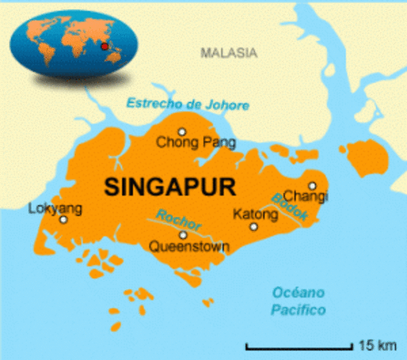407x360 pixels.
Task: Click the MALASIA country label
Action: [229, 53]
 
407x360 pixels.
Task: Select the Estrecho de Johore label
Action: [187, 104]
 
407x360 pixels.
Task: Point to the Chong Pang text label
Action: [196, 142]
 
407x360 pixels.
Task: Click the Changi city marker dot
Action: [313, 185]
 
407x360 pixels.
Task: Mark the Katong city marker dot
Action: [253, 226]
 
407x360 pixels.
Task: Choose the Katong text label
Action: [256, 214]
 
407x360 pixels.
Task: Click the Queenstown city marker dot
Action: [182, 234]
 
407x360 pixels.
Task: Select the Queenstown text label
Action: [189, 246]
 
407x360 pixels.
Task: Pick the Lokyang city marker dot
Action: [63, 220]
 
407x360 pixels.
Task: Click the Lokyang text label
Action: [55, 208]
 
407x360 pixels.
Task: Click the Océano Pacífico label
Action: [299, 301]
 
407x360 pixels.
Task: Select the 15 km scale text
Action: [378, 346]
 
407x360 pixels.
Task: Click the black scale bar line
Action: [300, 347]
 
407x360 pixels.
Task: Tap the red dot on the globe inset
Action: [104, 46]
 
